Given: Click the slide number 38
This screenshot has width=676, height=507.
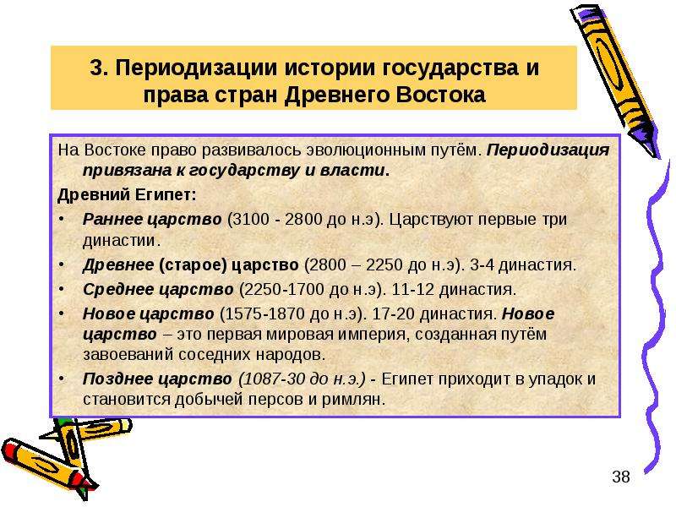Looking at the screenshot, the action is pyautogui.click(x=621, y=477).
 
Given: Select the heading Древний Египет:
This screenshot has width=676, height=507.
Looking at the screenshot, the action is pyautogui.click(x=127, y=195).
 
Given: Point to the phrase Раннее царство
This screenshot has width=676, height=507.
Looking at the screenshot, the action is pyautogui.click(x=152, y=220).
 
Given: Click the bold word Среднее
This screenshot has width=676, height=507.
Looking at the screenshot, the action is pyautogui.click(x=118, y=289).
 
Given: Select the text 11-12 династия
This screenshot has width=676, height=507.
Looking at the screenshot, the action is pyautogui.click(x=454, y=289).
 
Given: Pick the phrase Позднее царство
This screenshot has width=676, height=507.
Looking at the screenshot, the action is pyautogui.click(x=157, y=379).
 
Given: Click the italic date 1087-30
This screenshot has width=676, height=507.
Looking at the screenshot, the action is pyautogui.click(x=272, y=379).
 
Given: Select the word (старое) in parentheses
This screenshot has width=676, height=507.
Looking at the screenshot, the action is pyautogui.click(x=194, y=264).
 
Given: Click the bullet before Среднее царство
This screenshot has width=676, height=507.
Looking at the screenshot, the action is pyautogui.click(x=62, y=288).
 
